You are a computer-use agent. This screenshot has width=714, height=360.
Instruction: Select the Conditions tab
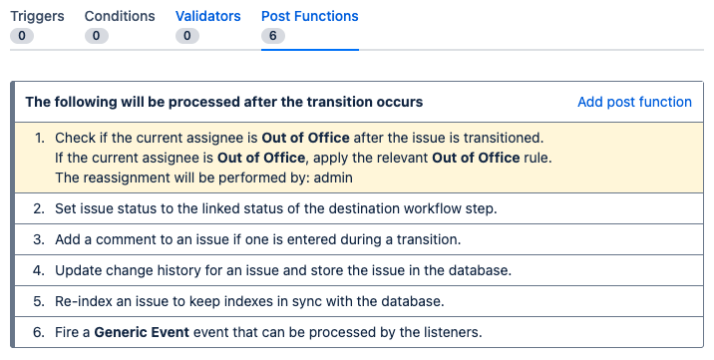[x=120, y=16]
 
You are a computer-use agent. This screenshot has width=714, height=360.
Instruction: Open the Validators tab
[x=208, y=16]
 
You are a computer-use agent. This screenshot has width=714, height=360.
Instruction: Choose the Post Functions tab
[x=309, y=16]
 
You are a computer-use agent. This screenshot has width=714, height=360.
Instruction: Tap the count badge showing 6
[x=272, y=36]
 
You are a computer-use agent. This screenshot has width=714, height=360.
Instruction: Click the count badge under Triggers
[x=22, y=36]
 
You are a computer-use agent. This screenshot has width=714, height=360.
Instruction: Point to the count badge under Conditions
[x=97, y=36]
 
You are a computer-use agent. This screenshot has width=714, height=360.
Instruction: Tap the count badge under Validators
[x=186, y=36]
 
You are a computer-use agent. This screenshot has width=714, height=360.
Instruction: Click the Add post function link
[x=634, y=102]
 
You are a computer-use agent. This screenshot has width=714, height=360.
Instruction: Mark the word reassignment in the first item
[x=127, y=178]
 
